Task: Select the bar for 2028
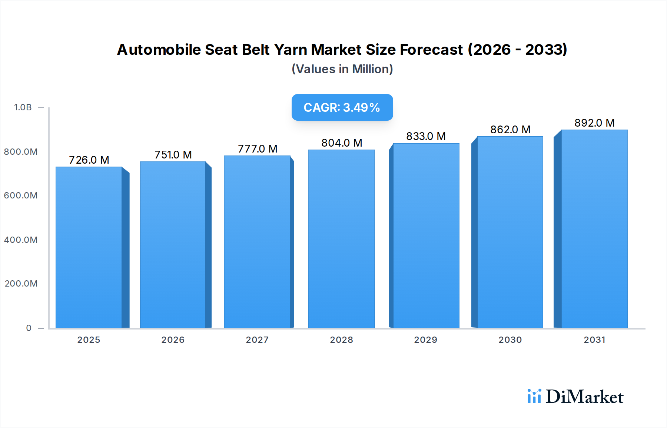(341, 239)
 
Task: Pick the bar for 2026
(173, 245)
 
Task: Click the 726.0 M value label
(89, 160)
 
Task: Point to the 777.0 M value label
(258, 149)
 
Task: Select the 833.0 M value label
(426, 136)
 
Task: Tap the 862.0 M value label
(510, 130)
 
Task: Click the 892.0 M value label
(594, 123)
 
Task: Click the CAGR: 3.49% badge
(342, 107)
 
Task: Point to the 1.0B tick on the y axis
(23, 107)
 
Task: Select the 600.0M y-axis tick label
(21, 195)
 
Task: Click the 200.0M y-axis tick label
(21, 284)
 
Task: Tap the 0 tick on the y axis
(29, 328)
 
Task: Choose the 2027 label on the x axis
(257, 340)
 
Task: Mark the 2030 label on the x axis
(510, 340)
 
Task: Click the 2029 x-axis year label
(425, 340)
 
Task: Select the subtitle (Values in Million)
(342, 69)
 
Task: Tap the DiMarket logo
(575, 397)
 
